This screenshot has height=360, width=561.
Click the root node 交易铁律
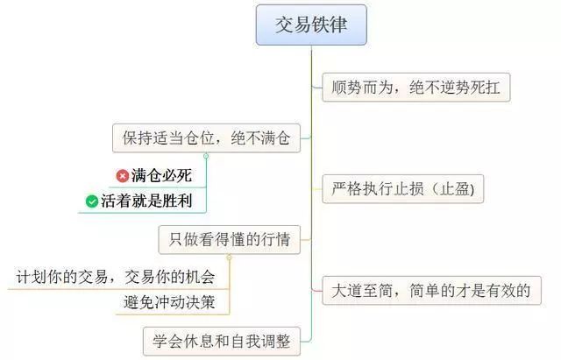coord(311,25)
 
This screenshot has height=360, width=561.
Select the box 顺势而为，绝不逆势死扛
coord(416,88)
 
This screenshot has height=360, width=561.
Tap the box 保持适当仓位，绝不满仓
coord(206,138)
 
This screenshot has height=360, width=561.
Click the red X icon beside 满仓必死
coord(123,176)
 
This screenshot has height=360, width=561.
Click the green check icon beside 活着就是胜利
coord(92,201)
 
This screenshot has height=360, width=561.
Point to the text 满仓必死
coord(161,175)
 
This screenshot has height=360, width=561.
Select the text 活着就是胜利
coord(146,201)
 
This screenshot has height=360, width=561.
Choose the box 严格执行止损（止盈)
coord(403,189)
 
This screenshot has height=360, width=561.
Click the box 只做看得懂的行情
coord(230,239)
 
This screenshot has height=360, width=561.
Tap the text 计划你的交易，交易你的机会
coord(116,277)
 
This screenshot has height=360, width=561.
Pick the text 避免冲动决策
coord(169,302)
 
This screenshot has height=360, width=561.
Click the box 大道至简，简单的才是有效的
coord(431,291)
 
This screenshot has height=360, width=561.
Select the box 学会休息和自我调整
coord(222,342)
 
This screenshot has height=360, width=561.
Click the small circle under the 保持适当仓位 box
coord(206,156)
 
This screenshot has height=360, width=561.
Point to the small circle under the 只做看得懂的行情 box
coord(229,258)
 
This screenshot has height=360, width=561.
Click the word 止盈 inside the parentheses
coord(454,189)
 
